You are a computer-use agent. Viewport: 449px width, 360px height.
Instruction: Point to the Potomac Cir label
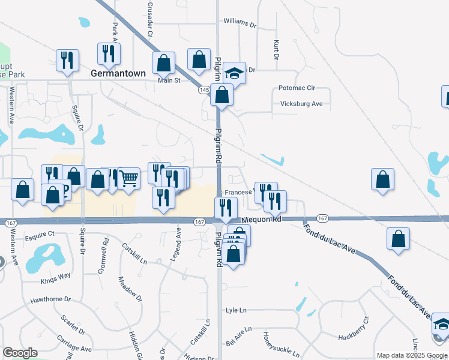(x=297, y=88)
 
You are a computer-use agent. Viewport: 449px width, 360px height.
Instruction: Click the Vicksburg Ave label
(x=301, y=104)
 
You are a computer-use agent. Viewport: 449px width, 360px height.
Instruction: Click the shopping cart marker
(x=128, y=178)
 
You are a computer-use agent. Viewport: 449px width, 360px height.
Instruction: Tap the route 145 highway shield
(x=204, y=90)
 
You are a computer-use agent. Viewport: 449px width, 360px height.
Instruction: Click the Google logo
(x=20, y=353)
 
